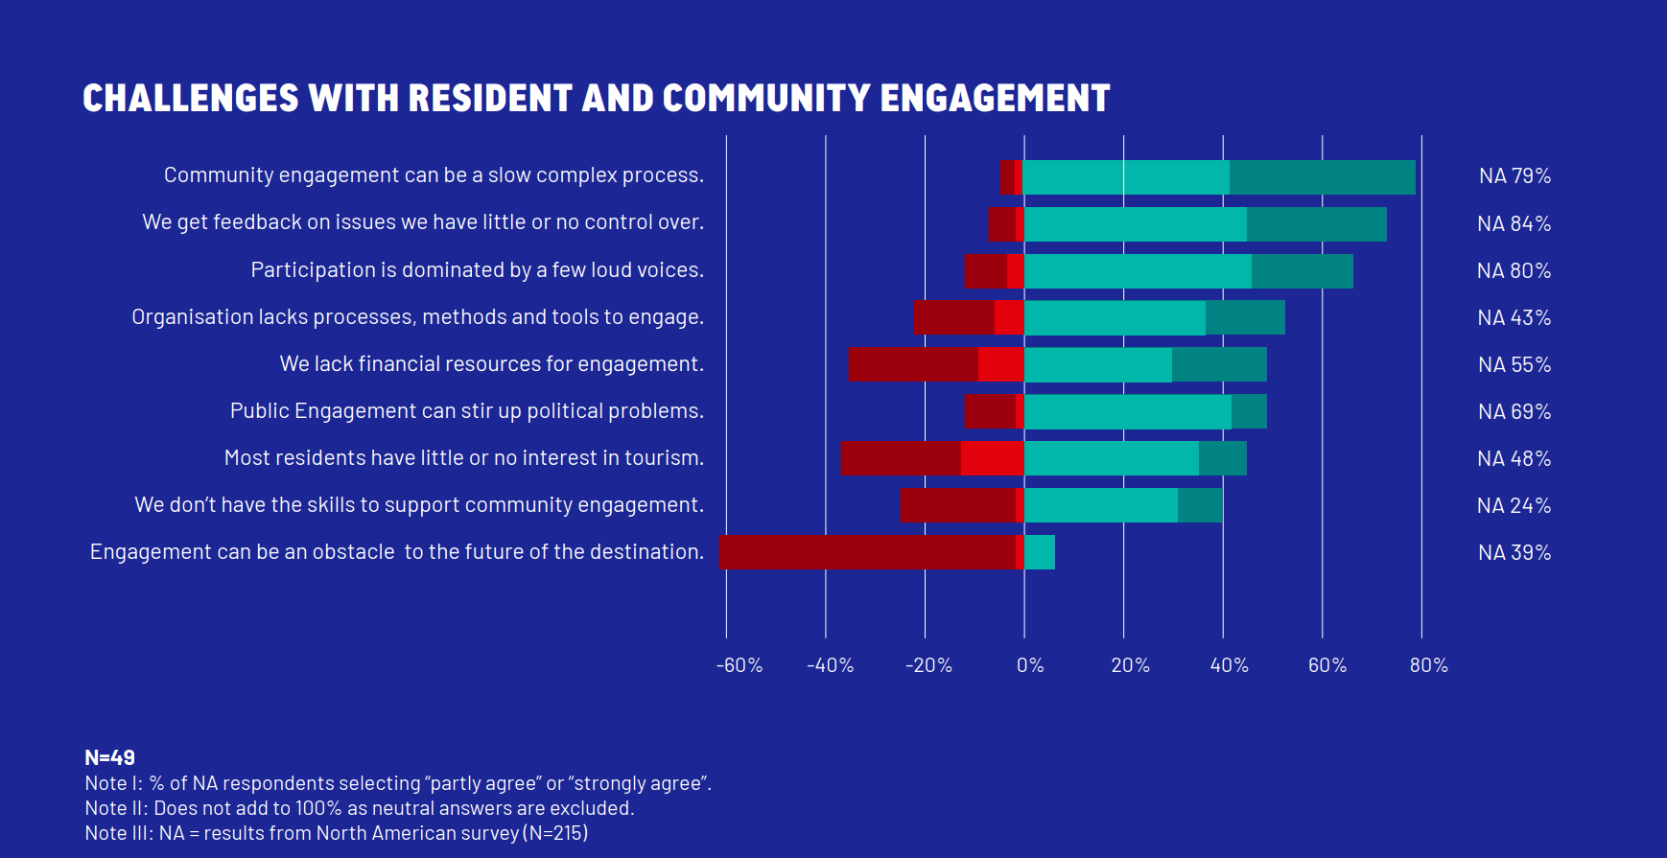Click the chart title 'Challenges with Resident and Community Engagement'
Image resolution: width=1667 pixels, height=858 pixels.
point(596,98)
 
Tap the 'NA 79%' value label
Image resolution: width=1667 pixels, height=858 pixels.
point(1514,176)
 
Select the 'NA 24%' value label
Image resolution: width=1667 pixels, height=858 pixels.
point(1514,506)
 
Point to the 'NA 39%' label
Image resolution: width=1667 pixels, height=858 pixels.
point(1514,553)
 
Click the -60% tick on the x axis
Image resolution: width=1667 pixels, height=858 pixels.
point(739,665)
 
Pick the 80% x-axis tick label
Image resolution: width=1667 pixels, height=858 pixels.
point(1428,665)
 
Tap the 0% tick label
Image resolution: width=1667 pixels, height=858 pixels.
point(1029,665)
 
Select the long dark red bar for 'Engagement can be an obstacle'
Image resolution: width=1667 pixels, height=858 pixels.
point(867,552)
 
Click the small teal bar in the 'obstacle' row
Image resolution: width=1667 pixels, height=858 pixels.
point(1040,552)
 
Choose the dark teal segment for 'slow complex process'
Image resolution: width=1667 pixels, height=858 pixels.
point(1322,177)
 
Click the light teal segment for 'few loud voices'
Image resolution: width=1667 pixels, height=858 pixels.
point(1138,271)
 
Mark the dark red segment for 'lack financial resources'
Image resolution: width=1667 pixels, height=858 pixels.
point(913,364)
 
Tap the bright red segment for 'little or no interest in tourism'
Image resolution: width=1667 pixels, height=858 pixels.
point(992,458)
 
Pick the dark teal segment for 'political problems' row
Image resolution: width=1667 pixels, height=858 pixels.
point(1249,411)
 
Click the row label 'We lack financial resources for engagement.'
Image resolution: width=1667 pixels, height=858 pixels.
point(491,364)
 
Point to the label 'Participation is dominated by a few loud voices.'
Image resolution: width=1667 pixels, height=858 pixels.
point(477,270)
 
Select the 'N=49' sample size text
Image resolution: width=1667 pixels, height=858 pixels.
point(109,757)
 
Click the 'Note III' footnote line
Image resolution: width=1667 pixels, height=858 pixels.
point(336,833)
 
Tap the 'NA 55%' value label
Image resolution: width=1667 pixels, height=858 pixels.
point(1514,365)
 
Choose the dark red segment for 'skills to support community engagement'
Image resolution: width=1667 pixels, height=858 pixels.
point(958,505)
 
